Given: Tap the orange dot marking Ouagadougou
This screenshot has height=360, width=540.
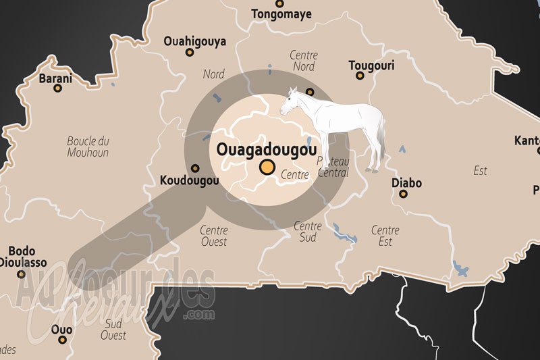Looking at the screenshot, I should (x=268, y=167).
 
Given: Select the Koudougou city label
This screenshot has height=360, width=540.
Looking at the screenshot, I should (x=190, y=181).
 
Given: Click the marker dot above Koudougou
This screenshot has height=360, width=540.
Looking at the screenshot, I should (x=196, y=168).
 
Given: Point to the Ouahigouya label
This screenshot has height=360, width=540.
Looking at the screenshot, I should (x=195, y=42).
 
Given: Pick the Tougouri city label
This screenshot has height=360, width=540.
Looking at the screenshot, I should (x=371, y=66).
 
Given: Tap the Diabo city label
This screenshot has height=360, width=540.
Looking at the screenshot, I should (x=406, y=183).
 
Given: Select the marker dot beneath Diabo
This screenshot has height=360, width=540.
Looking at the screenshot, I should (x=404, y=195).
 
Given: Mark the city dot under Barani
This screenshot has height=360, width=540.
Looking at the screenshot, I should (x=58, y=88).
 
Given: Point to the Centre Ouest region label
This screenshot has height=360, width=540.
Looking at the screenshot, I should (x=213, y=236).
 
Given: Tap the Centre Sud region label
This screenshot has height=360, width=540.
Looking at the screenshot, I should (x=308, y=231).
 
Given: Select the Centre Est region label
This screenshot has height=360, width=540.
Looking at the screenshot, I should (x=385, y=236).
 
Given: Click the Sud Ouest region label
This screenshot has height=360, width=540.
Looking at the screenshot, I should (x=113, y=329).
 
